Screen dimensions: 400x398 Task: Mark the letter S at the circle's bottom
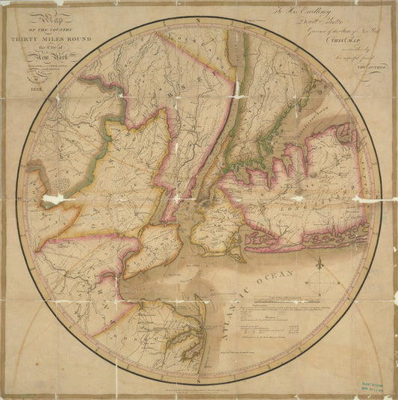pyautogui.click(x=199, y=394)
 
